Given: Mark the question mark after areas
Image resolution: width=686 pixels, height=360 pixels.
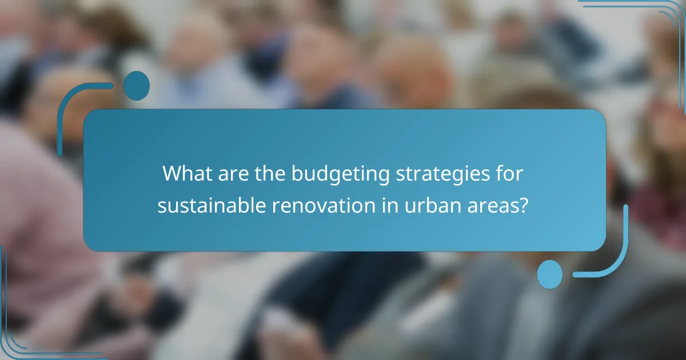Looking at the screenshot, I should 521,206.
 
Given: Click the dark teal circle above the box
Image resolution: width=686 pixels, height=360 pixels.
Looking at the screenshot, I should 136,86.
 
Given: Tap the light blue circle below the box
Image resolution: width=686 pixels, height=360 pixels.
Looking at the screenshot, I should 550,274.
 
